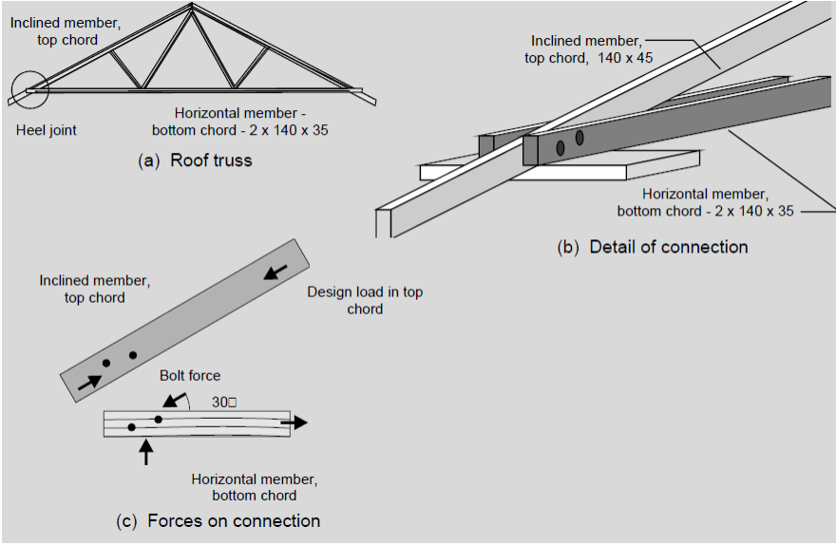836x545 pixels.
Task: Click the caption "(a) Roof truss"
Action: [x=196, y=160]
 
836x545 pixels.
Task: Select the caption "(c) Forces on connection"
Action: [x=218, y=520]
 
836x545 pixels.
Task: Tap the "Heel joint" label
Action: [x=47, y=130]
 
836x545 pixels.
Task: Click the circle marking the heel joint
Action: [x=28, y=89]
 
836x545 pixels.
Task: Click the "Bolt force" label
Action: [x=190, y=376]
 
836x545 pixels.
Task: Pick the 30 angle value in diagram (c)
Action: [x=224, y=402]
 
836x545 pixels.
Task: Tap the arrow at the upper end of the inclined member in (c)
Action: [x=276, y=272]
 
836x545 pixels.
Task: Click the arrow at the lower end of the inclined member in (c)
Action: [x=88, y=381]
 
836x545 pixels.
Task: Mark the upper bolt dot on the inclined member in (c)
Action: [x=133, y=355]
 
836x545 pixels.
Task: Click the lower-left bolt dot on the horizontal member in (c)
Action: [x=132, y=427]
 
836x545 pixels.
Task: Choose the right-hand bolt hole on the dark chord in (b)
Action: [x=579, y=138]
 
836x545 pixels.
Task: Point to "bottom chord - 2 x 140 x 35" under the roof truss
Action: [x=252, y=130]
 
